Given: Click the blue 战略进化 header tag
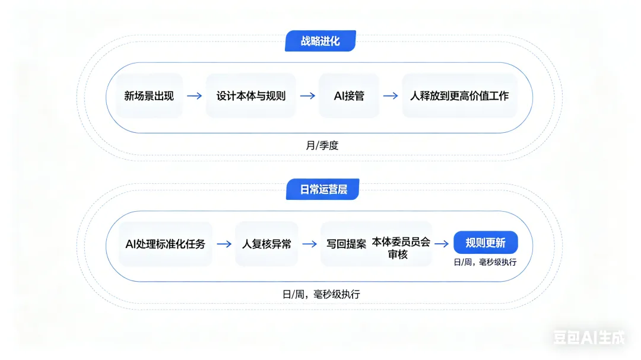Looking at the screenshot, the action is point(320,41).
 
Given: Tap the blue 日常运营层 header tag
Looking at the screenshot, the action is point(322,189).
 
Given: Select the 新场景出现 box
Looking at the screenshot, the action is point(149,95).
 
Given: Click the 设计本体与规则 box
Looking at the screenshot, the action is point(250,95).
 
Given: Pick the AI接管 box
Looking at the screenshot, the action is point(349,95).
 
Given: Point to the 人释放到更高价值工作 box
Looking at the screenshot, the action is point(459,95).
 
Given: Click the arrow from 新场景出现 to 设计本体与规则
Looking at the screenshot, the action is point(194,95).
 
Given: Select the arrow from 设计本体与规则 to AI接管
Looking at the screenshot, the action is point(307,95).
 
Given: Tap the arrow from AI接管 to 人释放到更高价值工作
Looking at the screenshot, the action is point(390,95).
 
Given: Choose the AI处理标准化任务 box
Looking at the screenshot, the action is point(166,244).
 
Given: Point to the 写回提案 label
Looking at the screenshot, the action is point(346,244).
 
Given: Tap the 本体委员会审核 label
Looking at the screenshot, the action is point(401,249).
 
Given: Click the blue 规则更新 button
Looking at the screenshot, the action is point(485,243).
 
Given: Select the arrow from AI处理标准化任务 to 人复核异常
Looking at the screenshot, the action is point(224,244).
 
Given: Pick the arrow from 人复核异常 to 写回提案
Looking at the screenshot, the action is point(309,244).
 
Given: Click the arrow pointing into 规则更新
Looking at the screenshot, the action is point(441,244).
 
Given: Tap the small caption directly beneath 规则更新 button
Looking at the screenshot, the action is point(485,262).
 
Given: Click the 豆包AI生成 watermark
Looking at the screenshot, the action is point(589,338).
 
